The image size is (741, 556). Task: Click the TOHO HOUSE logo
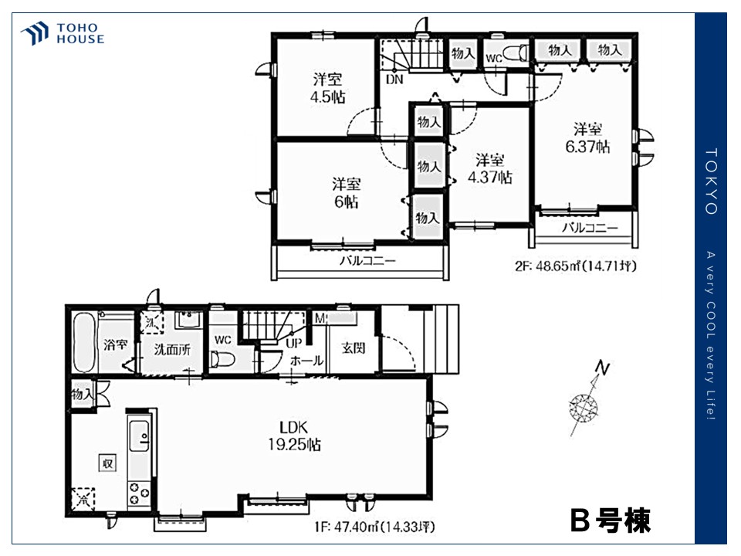63,33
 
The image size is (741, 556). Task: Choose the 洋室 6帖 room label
346,192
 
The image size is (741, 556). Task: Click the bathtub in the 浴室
84,343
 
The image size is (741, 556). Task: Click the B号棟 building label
610,521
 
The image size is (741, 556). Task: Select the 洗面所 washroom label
170,349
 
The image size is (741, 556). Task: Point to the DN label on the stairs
394,79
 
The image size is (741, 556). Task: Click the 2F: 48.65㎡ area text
574,266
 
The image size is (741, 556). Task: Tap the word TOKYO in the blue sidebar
712,181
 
